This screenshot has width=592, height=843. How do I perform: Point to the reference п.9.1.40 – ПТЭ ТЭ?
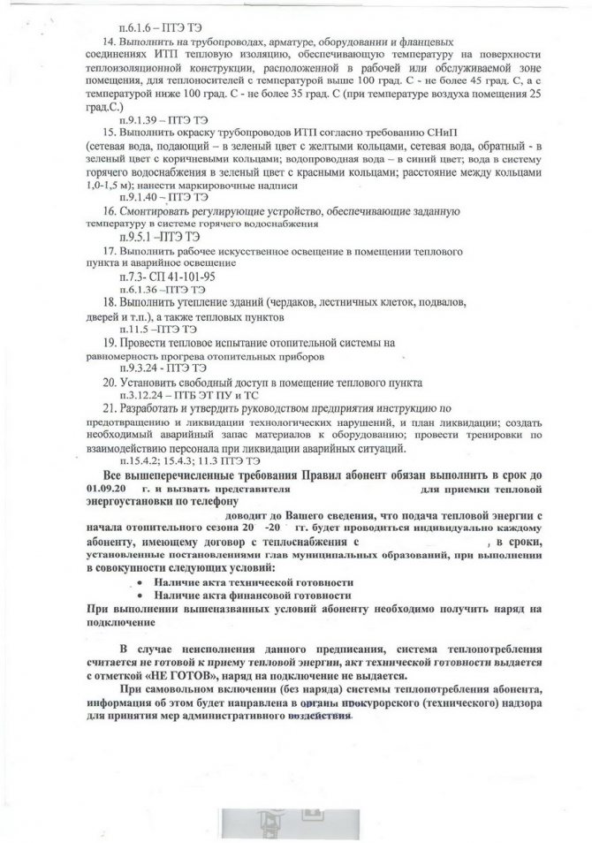click(154, 199)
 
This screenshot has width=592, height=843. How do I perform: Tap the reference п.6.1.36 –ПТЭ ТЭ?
click(156, 289)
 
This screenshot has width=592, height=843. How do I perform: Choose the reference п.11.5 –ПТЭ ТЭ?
click(152, 328)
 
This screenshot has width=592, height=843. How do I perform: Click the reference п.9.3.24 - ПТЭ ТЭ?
click(156, 368)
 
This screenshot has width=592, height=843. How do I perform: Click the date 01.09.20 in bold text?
click(107, 488)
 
